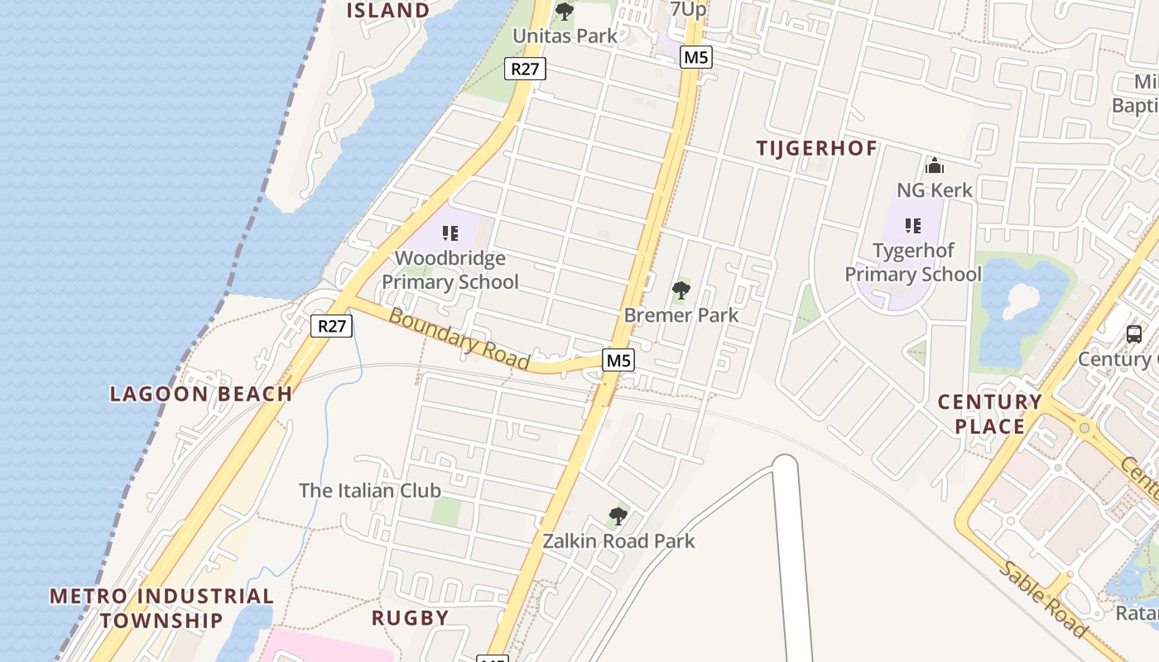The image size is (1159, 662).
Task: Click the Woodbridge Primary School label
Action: point(450,271)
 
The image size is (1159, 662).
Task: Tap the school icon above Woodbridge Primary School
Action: point(450,233)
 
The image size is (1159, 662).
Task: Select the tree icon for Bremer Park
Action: point(681,290)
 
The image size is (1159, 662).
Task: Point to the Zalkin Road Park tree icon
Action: point(618,516)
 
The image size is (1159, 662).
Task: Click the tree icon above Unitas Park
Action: point(565,12)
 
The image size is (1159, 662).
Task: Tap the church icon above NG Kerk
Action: point(935,165)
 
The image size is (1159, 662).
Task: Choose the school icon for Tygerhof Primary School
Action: point(913,225)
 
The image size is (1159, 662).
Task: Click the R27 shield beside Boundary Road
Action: point(332,326)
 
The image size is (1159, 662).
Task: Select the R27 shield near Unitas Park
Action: point(525,69)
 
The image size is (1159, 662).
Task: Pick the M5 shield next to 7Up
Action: point(695,57)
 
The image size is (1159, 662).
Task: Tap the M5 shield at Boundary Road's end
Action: point(618,360)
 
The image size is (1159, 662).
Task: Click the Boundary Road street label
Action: point(458,338)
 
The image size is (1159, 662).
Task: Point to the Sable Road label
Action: point(1043,599)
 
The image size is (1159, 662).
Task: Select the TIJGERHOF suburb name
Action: point(816,149)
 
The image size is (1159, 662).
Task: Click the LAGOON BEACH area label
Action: point(201,394)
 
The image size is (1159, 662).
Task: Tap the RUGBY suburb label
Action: point(410,617)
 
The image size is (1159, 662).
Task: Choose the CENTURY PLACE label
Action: point(989,414)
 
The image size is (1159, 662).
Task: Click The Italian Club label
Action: point(369,490)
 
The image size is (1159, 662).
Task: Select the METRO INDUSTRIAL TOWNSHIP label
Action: point(161,607)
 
